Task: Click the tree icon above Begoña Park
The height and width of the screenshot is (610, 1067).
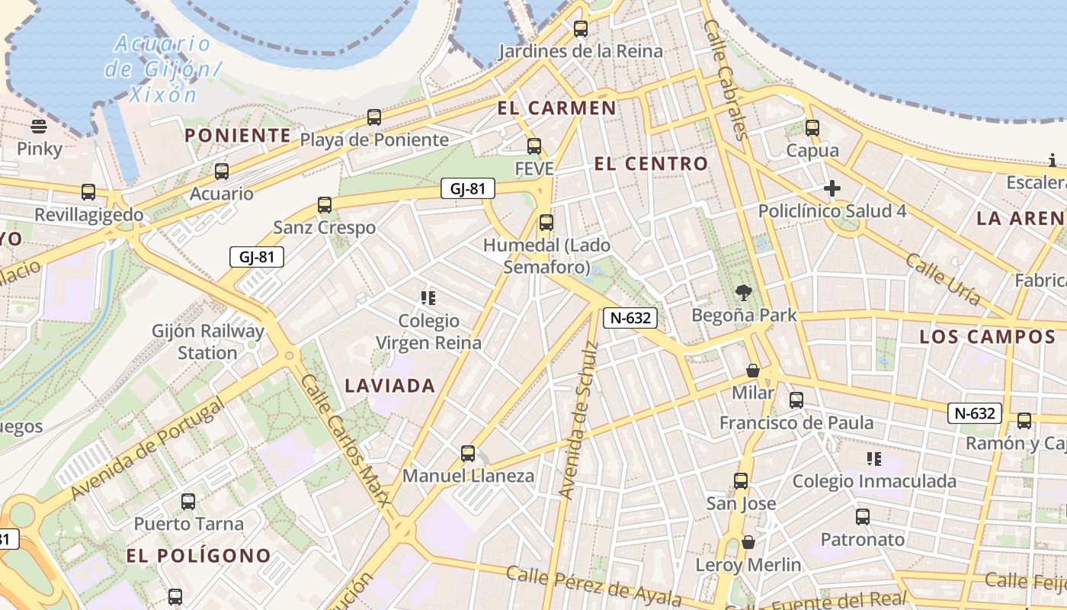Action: (x=744, y=292)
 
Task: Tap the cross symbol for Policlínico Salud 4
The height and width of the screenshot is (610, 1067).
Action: (x=832, y=188)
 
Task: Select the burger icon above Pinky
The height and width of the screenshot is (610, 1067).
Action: (x=39, y=126)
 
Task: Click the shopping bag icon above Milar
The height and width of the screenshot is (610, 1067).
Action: (x=753, y=371)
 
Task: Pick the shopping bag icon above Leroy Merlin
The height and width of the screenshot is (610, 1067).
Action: (x=748, y=542)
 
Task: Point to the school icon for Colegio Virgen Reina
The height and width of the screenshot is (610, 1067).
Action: (x=428, y=297)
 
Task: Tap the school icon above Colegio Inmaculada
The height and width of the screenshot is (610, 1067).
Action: (x=874, y=458)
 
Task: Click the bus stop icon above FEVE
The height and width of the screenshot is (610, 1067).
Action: (x=534, y=146)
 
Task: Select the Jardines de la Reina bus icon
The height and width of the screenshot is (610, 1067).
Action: (x=581, y=29)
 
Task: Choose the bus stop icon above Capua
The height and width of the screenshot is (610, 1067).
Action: (x=812, y=128)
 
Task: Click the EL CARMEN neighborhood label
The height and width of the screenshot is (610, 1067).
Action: (x=556, y=108)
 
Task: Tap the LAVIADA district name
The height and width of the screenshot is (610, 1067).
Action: (x=390, y=386)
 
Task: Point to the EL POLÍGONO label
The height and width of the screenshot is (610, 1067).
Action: (x=199, y=556)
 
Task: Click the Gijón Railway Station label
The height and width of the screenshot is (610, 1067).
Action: (x=208, y=342)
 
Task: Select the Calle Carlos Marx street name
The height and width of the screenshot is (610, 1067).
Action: (x=345, y=440)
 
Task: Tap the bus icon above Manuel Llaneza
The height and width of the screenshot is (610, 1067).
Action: (x=468, y=454)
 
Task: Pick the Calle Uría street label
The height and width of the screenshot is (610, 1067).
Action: (x=942, y=279)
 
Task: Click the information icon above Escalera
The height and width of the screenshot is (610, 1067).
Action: (x=1053, y=160)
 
